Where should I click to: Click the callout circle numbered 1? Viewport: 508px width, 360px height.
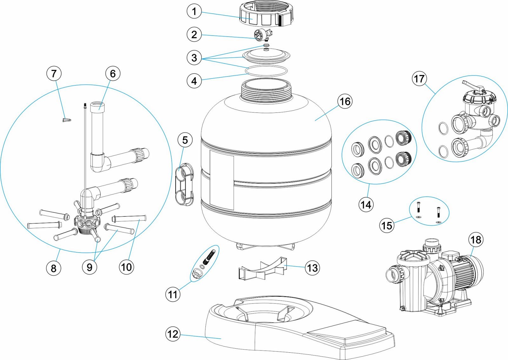pos(194,11)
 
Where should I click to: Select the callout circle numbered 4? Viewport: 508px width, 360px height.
pos(194,81)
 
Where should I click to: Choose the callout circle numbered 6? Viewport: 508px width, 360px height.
pos(113,73)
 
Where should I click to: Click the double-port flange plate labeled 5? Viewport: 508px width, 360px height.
pos(185,184)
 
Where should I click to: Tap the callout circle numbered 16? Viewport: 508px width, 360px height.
pos(345,101)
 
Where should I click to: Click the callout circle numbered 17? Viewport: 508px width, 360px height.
pos(419,79)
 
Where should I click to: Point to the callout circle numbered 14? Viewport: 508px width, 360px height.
pos(366,205)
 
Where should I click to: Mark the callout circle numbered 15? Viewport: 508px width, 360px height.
pos(387,225)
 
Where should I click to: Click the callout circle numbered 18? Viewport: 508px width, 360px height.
pos(476,240)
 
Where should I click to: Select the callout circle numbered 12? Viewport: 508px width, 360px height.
pos(173,334)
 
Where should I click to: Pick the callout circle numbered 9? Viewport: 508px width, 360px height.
pos(90,267)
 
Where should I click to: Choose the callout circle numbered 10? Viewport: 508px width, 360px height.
pos(126,267)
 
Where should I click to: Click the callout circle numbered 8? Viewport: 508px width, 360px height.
pos(54,268)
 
